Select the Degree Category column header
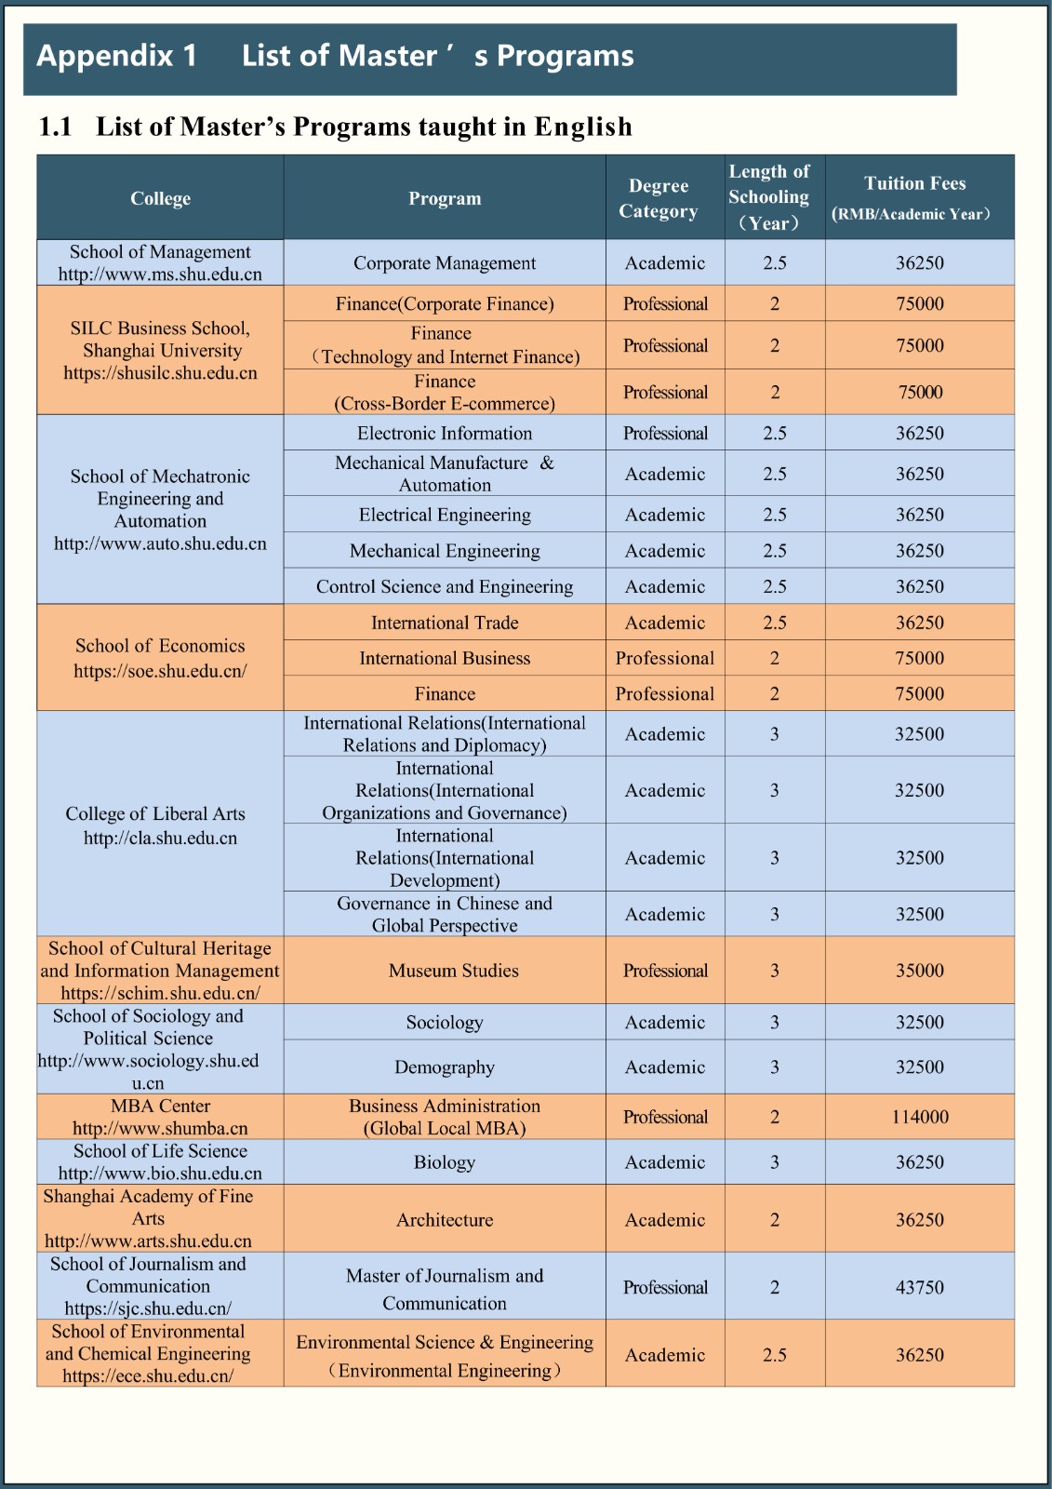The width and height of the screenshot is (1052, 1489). [659, 198]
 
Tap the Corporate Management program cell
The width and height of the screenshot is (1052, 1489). [445, 263]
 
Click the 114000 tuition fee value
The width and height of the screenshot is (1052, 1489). [920, 1117]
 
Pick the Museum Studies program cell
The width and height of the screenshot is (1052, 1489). [453, 971]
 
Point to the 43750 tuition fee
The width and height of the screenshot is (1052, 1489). [920, 1287]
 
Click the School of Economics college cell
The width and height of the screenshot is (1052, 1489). [160, 658]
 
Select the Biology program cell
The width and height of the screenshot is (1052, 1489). [445, 1162]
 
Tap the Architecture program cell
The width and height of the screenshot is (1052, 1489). [445, 1220]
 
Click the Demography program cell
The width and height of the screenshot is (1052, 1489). [445, 1067]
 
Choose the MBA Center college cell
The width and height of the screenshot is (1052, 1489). [160, 1117]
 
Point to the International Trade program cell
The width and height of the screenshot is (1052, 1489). [445, 623]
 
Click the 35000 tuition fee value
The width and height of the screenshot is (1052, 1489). [920, 971]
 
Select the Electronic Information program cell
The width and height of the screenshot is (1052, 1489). [445, 434]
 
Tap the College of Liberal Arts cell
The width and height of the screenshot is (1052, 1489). [156, 825]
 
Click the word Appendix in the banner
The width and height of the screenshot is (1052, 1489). [104, 56]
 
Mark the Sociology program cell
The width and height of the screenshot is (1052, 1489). [445, 1023]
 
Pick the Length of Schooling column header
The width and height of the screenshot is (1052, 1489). [769, 197]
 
